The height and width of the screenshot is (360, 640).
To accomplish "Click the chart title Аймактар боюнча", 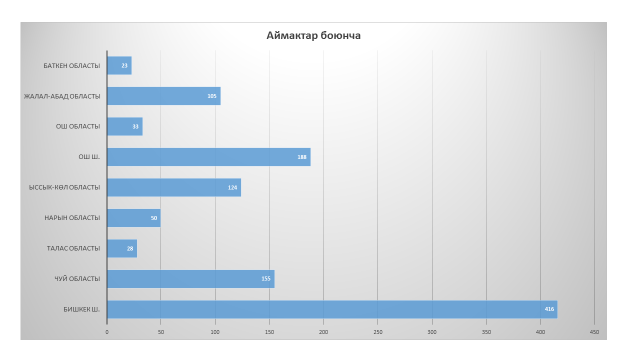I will [x=313, y=36].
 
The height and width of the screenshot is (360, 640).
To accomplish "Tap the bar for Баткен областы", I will [x=119, y=65].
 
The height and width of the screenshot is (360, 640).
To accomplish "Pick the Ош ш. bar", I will [x=208, y=156].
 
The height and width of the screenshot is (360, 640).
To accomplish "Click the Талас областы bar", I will [x=121, y=248].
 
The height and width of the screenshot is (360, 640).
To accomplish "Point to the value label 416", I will [x=549, y=309].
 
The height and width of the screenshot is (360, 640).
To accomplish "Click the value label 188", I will [x=302, y=157].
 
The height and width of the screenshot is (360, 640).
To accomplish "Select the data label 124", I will [x=232, y=187].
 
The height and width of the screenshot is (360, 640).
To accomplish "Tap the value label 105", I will [x=212, y=96].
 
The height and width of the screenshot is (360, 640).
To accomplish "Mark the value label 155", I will [x=266, y=278].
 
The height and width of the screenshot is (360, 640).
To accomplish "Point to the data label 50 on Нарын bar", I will [x=154, y=218].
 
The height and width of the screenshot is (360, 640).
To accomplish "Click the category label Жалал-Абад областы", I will [x=62, y=96].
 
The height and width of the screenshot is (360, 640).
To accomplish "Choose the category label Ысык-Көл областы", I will [x=64, y=187].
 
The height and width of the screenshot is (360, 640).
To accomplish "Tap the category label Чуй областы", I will [x=77, y=278].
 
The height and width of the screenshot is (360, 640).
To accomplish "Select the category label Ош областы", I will [x=78, y=126].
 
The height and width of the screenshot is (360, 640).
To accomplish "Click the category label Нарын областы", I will [x=72, y=218].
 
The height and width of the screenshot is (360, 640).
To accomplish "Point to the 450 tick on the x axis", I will [x=594, y=332].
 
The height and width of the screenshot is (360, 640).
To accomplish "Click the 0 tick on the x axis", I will [x=107, y=332].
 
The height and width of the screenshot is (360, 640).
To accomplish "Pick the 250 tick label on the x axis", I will [x=378, y=332].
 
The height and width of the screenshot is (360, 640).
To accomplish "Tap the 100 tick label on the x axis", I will [x=215, y=332].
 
